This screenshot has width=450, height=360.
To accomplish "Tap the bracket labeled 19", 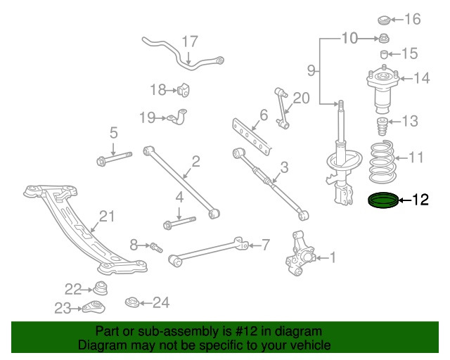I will [x=180, y=117].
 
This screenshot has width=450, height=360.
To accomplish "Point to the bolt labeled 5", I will [x=113, y=159].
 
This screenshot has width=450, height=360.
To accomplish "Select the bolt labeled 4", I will [x=179, y=224].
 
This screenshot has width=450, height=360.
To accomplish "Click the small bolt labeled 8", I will [x=156, y=246].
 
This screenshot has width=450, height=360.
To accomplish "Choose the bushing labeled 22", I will [x=101, y=288].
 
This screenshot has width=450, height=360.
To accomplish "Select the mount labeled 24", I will [x=133, y=303].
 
